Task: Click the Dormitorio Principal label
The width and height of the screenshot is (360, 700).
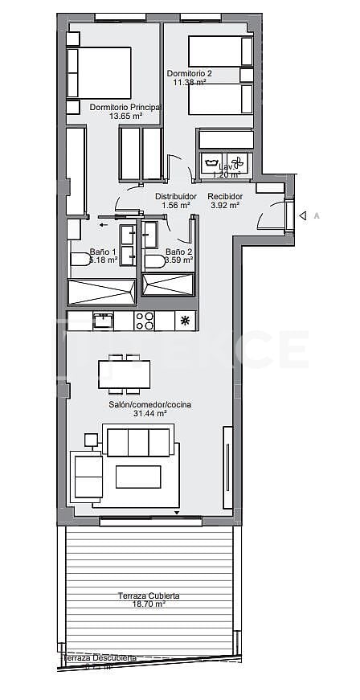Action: click(125, 107)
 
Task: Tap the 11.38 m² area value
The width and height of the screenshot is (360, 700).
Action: click(190, 81)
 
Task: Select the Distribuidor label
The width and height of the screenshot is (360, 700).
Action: click(176, 196)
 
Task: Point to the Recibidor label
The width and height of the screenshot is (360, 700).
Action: click(224, 196)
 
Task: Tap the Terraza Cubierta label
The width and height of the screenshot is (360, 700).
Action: click(148, 596)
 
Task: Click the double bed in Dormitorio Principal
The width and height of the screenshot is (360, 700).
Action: click(100, 72)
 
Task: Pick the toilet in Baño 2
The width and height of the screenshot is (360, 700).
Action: click(154, 260)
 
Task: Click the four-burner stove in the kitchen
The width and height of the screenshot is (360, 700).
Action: click(145, 321)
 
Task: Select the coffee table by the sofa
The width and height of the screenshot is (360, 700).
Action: click(138, 477)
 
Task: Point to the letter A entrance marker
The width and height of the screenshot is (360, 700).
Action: click(317, 215)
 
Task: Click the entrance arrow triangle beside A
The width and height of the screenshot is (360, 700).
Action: click(303, 215)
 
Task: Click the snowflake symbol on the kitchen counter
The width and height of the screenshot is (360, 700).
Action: click(186, 321)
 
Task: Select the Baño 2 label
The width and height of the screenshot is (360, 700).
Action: click(178, 252)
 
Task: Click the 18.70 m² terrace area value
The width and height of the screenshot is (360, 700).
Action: click(149, 604)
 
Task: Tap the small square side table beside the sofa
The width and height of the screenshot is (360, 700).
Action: click(91, 439)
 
